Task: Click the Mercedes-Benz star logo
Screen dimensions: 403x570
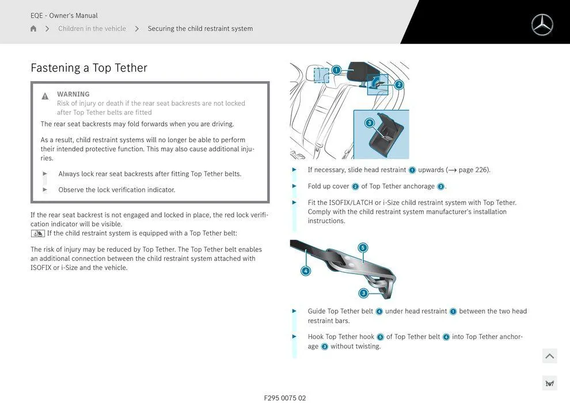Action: pos(542,25)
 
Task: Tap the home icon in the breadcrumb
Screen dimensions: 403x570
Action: pos(33,29)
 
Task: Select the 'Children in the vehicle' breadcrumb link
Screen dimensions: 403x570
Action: pos(92,29)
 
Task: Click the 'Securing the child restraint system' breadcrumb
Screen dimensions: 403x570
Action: pos(200,29)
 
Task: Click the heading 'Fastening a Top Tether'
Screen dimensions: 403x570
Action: pos(89,68)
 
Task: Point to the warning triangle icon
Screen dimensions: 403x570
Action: pos(45,96)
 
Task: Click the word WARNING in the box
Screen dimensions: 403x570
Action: pos(73,94)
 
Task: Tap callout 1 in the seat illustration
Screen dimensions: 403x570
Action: pos(336,70)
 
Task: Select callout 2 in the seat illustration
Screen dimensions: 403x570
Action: pos(399,85)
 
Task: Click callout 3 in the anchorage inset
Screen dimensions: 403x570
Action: pos(370,123)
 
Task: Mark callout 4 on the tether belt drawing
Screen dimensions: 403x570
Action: pos(306,271)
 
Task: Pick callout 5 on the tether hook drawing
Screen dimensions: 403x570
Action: pos(362,248)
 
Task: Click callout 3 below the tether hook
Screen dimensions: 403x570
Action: pos(363,293)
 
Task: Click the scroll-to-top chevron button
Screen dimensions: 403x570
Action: pos(549,356)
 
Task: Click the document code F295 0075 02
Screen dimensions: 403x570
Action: pos(285,398)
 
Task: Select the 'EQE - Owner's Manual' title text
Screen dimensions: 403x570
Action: pos(64,16)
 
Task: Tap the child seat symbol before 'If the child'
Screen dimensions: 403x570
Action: pos(37,233)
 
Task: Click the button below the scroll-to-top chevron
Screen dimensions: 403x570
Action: pos(549,383)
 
